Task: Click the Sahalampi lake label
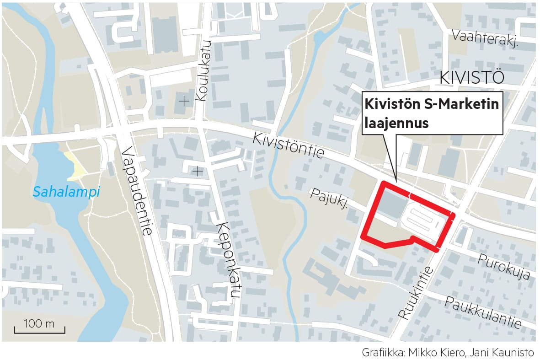[66, 193]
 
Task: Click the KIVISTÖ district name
[471, 78]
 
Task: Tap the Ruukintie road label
[415, 293]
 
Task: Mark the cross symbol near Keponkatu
[197, 172]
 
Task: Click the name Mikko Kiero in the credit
[433, 353]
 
